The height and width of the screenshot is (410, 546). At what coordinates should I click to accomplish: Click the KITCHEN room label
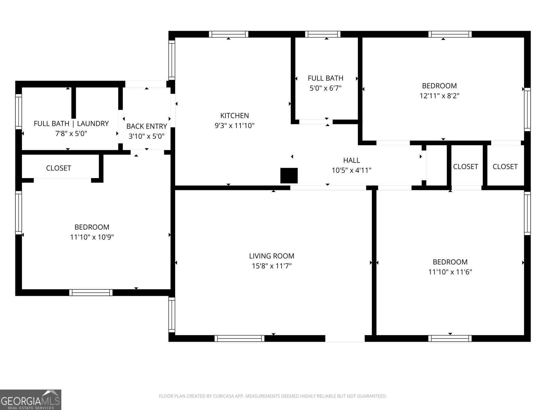[x=234, y=115]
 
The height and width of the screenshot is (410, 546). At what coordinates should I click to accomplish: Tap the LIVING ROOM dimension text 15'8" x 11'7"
[x=272, y=266]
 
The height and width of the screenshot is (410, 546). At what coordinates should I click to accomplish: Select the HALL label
[x=351, y=160]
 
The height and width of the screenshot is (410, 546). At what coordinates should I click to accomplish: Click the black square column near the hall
[x=289, y=176]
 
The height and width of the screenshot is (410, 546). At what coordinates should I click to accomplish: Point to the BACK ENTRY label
[x=146, y=126]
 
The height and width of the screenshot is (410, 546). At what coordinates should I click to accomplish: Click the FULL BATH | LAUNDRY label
[x=71, y=123]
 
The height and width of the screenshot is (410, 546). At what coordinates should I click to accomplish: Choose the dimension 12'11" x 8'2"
[x=439, y=96]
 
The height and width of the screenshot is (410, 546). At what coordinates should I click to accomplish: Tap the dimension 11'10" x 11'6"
[x=450, y=272]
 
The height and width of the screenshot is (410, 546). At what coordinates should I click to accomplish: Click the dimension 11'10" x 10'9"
[x=92, y=237]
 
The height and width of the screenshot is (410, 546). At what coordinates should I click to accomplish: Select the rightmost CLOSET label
[x=505, y=166]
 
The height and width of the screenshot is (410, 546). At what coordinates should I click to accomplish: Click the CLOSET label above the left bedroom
[x=58, y=168]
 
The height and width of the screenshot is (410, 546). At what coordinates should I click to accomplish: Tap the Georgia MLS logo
[x=31, y=399]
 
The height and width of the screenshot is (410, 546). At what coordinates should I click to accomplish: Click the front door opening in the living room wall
[x=345, y=338]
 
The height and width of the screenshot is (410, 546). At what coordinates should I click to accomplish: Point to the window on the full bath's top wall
[x=322, y=34]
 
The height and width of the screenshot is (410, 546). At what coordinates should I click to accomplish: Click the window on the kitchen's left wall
[x=172, y=60]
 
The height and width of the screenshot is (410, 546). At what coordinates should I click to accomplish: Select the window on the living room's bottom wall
[x=240, y=338]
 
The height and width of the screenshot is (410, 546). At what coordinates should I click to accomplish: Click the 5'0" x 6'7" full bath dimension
[x=325, y=88]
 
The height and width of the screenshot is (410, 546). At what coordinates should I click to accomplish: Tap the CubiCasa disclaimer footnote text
[x=273, y=396]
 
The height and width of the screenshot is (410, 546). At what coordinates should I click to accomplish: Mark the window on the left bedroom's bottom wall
[x=91, y=292]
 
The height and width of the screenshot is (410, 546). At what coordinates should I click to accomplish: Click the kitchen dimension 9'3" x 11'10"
[x=234, y=126]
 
